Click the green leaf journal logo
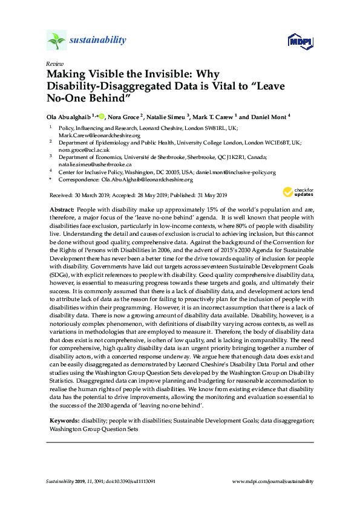pos(56,41)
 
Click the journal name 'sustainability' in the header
pos(97,41)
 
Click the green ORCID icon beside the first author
pos(102,115)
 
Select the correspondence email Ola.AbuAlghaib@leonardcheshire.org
pos(147,180)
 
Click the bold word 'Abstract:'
pos(61,208)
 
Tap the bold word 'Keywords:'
pos(63,420)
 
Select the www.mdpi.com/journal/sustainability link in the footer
pos(273,482)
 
